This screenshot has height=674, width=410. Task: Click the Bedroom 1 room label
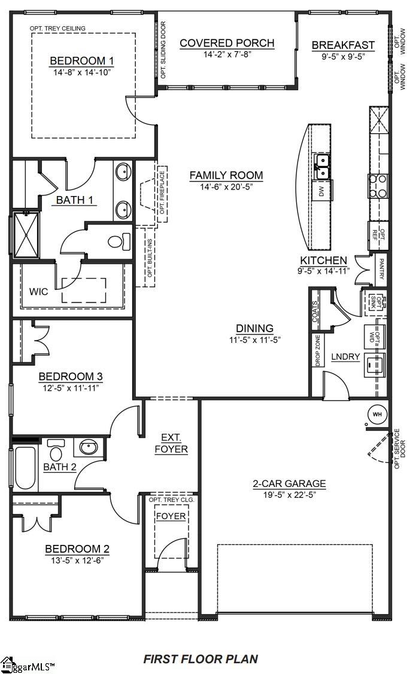[81, 60]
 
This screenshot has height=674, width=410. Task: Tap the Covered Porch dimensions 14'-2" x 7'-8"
[227, 55]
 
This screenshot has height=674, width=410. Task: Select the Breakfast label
[343, 45]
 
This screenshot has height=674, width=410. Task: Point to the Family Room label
[226, 175]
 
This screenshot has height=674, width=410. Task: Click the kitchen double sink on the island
[322, 167]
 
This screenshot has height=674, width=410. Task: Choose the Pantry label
[381, 269]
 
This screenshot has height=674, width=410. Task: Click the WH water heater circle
[377, 413]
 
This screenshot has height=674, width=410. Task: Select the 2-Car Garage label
[289, 483]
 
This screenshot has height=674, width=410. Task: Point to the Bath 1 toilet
[119, 242]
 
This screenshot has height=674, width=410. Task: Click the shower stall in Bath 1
[26, 234]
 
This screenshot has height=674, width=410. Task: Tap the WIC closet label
[39, 292]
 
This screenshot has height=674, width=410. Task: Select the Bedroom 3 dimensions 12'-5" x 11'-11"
[71, 388]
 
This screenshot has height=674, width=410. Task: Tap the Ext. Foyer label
[171, 443]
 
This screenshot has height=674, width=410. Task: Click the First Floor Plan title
[201, 659]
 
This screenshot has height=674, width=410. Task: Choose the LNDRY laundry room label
[345, 357]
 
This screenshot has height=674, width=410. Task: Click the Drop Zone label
[317, 350]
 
